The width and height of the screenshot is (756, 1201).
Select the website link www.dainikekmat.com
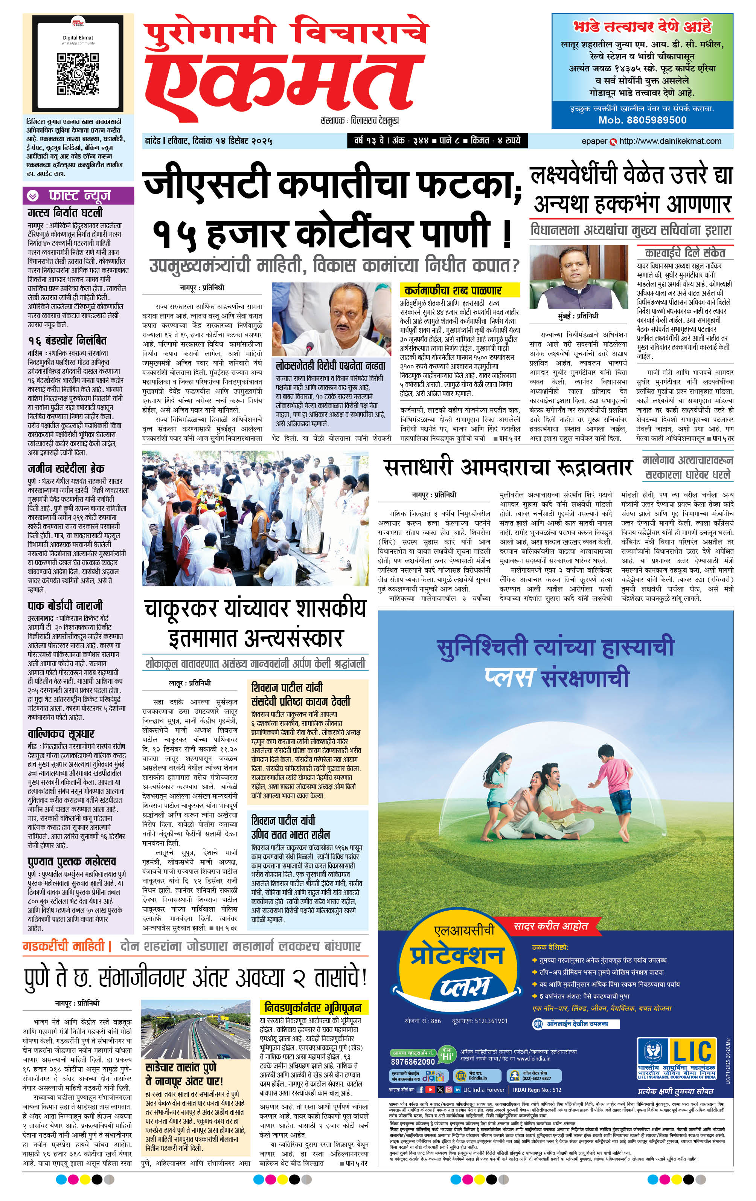click(x=670, y=141)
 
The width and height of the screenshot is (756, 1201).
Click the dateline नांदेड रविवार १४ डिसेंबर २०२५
click(x=208, y=141)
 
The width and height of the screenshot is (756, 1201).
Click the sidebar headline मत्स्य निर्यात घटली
click(x=66, y=212)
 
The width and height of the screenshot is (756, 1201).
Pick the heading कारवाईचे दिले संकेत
click(x=685, y=252)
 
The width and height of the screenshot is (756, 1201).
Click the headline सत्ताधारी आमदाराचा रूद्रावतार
click(x=508, y=468)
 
